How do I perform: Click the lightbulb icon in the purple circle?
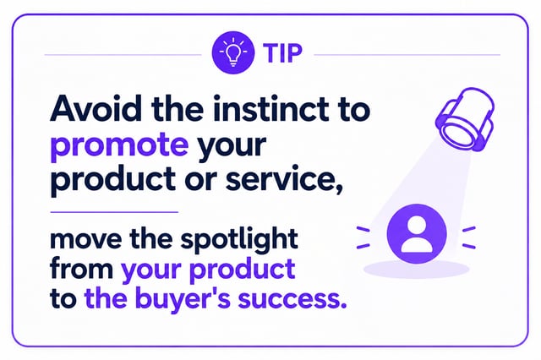click(x=233, y=52)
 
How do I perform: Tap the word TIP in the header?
click(x=283, y=53)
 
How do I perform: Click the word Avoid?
click(x=96, y=108)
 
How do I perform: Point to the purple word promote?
click(x=119, y=145)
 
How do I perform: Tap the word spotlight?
click(x=239, y=239)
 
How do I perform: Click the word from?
click(x=82, y=268)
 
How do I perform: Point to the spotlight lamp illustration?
click(x=465, y=119)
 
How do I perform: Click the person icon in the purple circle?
click(x=417, y=234)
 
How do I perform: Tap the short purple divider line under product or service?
click(x=114, y=212)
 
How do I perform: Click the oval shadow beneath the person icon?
click(x=417, y=269)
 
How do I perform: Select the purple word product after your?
click(x=243, y=269)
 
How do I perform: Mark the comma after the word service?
click(x=339, y=189)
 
